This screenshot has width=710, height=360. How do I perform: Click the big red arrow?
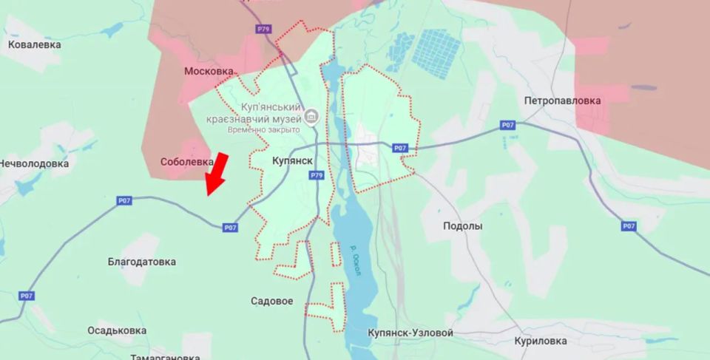(216, 173)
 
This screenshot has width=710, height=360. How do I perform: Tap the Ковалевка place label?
(35, 44)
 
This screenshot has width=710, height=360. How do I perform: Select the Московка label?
(209, 71)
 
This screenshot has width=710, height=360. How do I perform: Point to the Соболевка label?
(186, 161)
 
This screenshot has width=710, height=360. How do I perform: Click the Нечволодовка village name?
(34, 163)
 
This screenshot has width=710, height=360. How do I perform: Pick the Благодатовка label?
(142, 262)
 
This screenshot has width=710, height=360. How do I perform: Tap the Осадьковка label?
(121, 330)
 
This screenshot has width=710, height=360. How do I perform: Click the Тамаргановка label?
(163, 356)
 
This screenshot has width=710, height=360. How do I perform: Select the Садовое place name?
(272, 301)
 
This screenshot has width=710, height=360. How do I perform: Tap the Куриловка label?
(541, 341)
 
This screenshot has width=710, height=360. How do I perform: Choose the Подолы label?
(462, 226)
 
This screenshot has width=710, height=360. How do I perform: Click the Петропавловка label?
(562, 100)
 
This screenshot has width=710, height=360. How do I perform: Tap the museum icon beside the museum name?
(311, 116)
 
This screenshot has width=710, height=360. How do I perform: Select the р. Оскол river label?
(356, 260)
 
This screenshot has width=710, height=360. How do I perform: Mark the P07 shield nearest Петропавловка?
(507, 125)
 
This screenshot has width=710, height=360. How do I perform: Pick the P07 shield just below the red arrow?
(231, 227)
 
